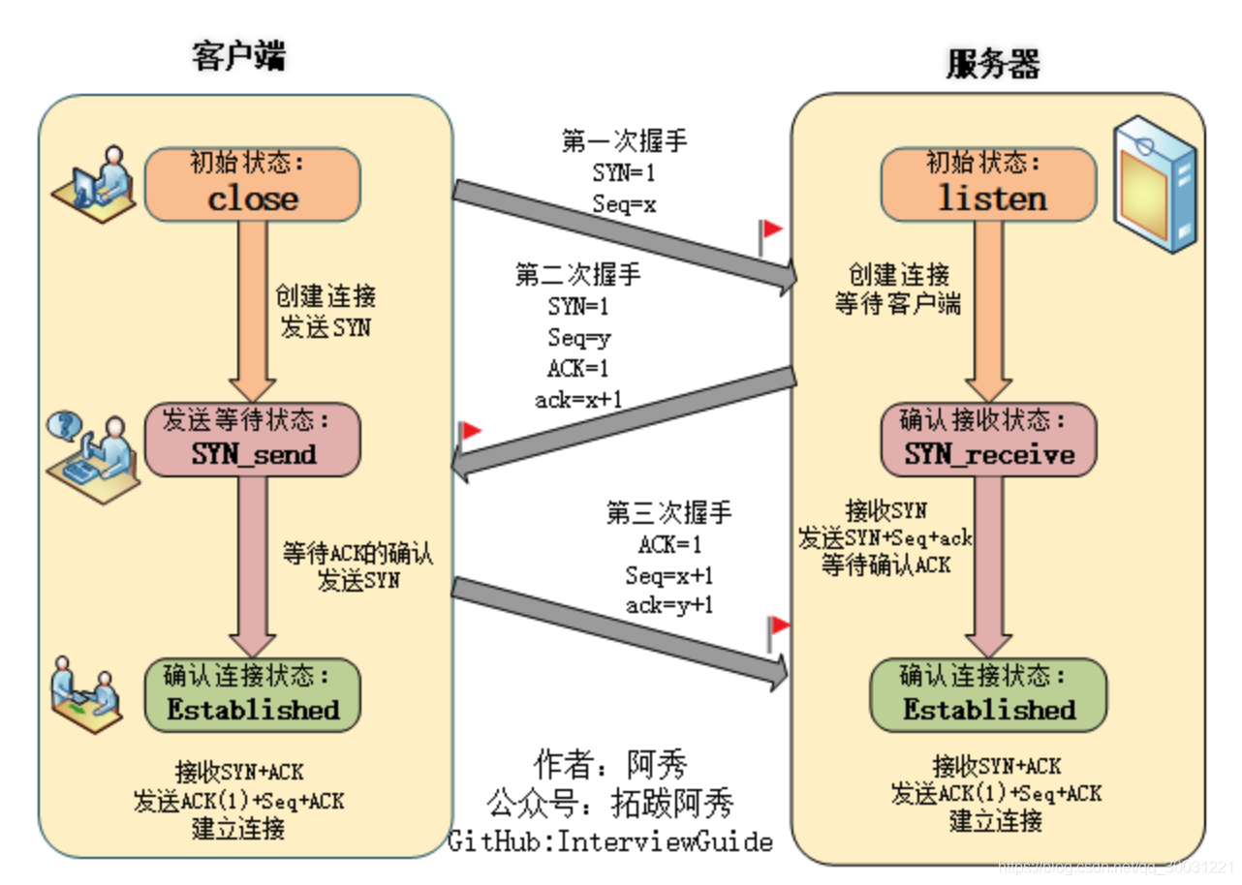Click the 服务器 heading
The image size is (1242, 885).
pos(992,64)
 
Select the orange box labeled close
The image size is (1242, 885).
pos(253,183)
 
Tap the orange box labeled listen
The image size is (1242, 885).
pos(988,183)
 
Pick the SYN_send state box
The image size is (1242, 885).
pos(253,440)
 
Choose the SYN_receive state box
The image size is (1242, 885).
pos(988,440)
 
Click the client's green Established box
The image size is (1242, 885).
pos(253,694)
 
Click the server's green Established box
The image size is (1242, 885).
pos(988,694)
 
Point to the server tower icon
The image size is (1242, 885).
pos(1157,184)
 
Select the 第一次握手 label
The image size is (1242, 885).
pos(624,141)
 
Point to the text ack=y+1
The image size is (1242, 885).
pos(669,605)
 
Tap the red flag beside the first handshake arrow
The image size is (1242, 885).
pos(770,232)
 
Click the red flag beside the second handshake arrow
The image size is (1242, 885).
pos(470,432)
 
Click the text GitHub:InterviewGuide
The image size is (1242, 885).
pos(610,840)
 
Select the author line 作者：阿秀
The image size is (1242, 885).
pos(610,765)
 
